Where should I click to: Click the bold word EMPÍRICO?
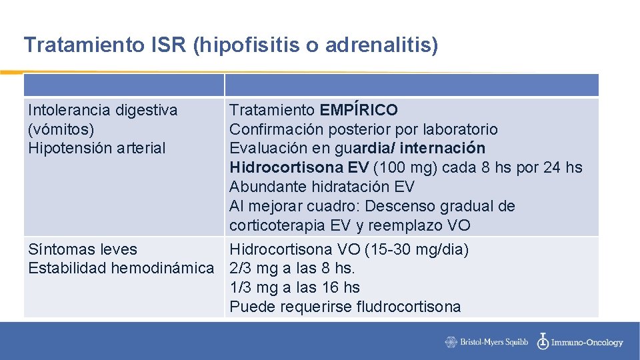click(x=359, y=110)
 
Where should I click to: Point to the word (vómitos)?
click(x=61, y=129)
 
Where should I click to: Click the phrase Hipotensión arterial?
click(x=97, y=148)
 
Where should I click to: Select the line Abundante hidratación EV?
click(x=321, y=187)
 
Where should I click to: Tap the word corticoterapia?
click(x=277, y=225)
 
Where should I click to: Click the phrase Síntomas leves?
click(x=82, y=249)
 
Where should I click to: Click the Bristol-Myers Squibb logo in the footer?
click(x=487, y=342)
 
